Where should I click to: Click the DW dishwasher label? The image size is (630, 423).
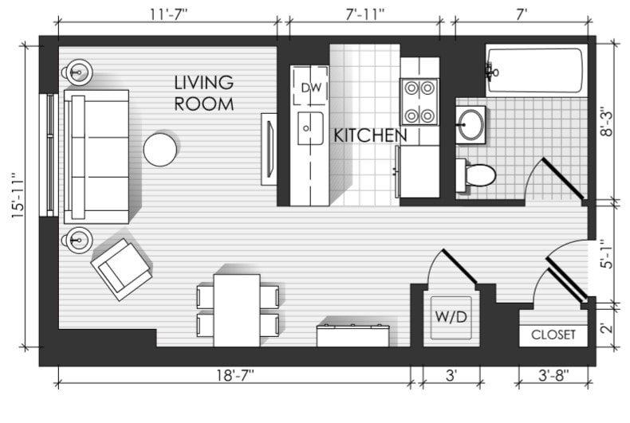coord(311,88)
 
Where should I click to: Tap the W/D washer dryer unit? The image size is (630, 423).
coord(451,318)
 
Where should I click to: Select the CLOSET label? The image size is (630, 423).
coord(553,335)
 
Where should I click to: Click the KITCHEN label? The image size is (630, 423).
coord(370,135)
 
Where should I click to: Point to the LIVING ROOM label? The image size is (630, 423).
coord(204,93)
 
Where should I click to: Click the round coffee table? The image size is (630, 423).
coord(160,150)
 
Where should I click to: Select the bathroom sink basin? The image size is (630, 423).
coord(471,125)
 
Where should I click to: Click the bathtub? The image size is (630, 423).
coord(536,71)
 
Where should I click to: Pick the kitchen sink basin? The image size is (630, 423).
coord(309,128)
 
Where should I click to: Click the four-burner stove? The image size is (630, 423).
coord(419,101)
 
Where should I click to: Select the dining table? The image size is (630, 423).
coord(237,310)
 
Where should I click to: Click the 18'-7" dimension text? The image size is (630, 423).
coord(235,375)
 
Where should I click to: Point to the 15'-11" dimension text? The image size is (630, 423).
coord(18,195)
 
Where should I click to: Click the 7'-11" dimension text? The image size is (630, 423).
coord(364,14)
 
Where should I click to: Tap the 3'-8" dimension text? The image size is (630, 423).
coord(553,375)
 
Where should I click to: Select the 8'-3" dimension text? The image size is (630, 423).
coord(607,121)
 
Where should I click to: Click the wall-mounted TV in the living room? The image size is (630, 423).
coord(269,149)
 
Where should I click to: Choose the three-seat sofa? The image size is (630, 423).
coord(96,156)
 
